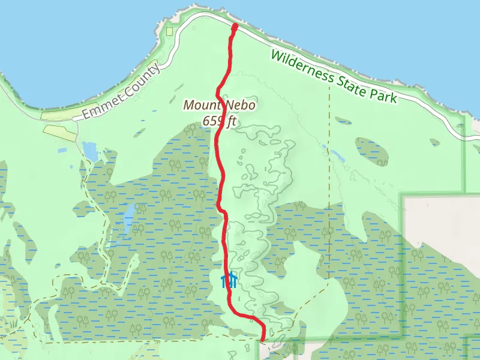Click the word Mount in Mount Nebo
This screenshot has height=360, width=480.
(x=201, y=106)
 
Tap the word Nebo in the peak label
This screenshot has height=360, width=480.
(x=241, y=105)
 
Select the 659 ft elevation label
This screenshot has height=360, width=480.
(x=220, y=121)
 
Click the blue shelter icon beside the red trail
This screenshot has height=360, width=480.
(x=229, y=280)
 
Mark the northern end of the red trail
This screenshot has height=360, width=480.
(x=234, y=26)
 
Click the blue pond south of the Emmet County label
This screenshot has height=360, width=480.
(x=90, y=151)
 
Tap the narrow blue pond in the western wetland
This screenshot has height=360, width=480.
(x=128, y=218)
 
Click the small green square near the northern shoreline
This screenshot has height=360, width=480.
(x=170, y=31)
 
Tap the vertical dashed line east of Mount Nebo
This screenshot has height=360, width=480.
(x=329, y=180)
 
